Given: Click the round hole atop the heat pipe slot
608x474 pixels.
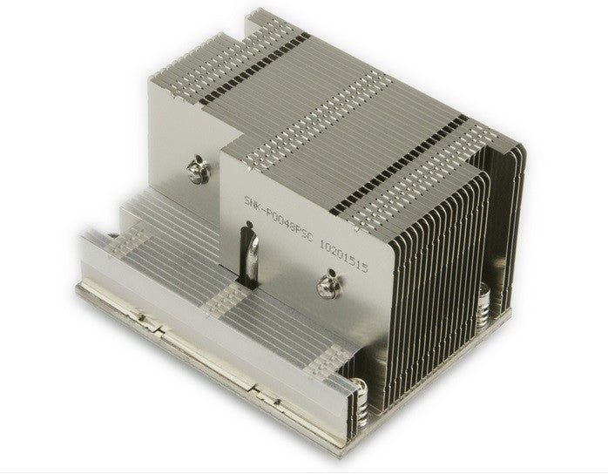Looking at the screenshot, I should tap(247, 231).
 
